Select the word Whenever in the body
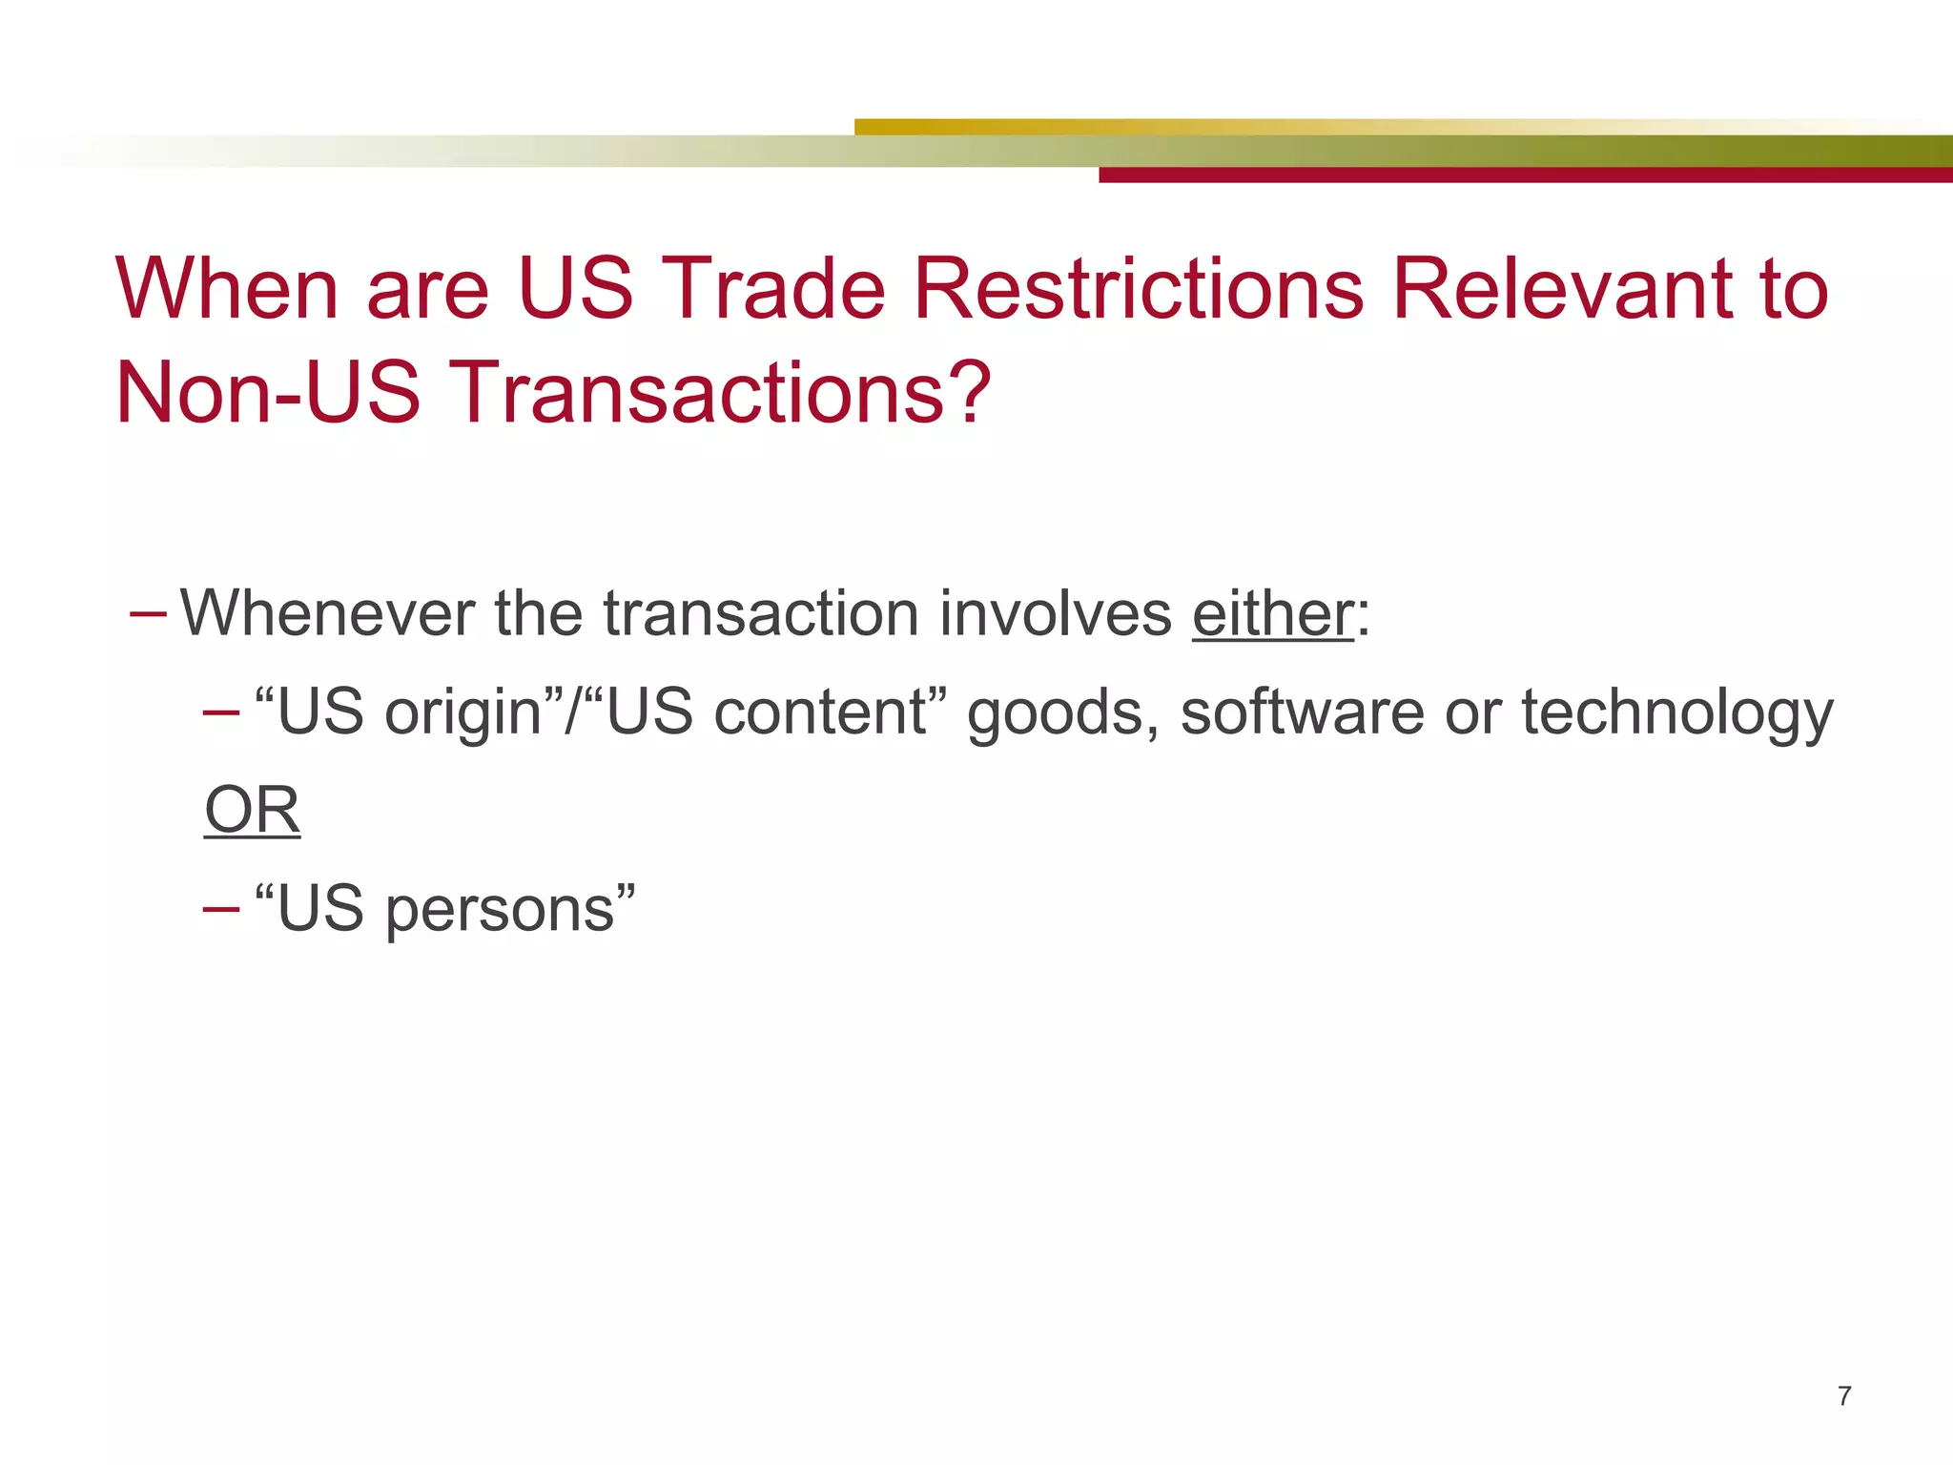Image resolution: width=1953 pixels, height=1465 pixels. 327,613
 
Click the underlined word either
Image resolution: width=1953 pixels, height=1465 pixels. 1272,613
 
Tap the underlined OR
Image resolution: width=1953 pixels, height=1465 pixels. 253,811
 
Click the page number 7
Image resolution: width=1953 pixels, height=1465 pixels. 1844,1396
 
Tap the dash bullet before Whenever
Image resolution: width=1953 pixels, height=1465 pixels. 148,611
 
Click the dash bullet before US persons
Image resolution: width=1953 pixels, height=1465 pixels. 221,907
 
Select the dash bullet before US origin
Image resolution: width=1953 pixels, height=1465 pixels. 221,712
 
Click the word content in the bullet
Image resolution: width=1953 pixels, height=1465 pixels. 820,712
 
